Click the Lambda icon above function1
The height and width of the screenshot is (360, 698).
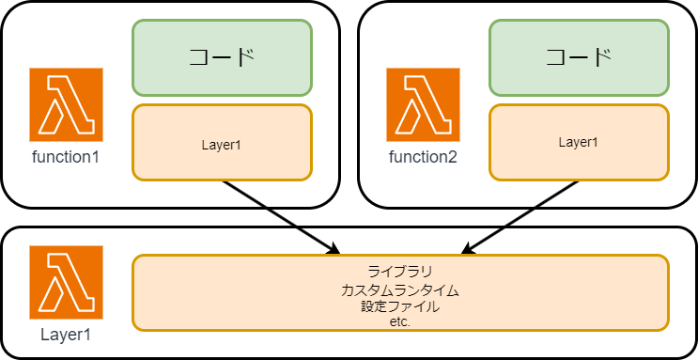(x=66, y=104)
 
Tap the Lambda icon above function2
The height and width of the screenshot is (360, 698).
(x=423, y=104)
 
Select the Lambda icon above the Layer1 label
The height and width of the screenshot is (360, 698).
(x=66, y=282)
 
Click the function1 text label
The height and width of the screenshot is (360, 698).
(x=66, y=156)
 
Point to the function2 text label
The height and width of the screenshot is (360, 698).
(x=423, y=156)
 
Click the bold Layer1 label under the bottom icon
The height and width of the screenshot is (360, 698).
(x=66, y=334)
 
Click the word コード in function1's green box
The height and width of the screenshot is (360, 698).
(x=222, y=57)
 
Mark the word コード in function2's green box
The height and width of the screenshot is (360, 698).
(x=579, y=57)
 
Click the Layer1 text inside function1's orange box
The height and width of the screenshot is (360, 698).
(x=222, y=145)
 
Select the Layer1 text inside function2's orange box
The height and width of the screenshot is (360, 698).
(x=579, y=142)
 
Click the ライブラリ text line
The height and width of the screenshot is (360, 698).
(x=400, y=273)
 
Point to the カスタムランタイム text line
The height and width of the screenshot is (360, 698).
(x=400, y=290)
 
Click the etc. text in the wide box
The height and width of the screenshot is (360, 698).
(x=400, y=321)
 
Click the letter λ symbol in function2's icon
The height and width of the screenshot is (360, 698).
(x=423, y=103)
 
